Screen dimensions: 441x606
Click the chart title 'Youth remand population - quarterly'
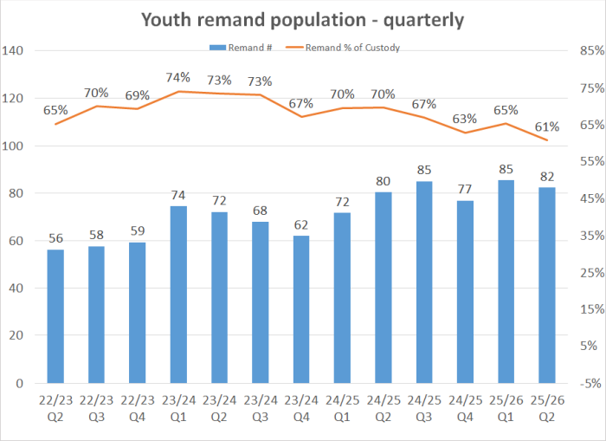coord(303,19)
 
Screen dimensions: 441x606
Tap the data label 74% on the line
coord(177,78)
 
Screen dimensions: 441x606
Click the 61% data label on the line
coord(547,126)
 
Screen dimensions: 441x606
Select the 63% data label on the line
coord(465,119)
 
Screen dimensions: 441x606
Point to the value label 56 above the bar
coord(55,238)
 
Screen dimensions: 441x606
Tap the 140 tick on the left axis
coord(22,52)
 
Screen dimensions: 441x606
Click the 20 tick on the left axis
coord(25,335)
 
